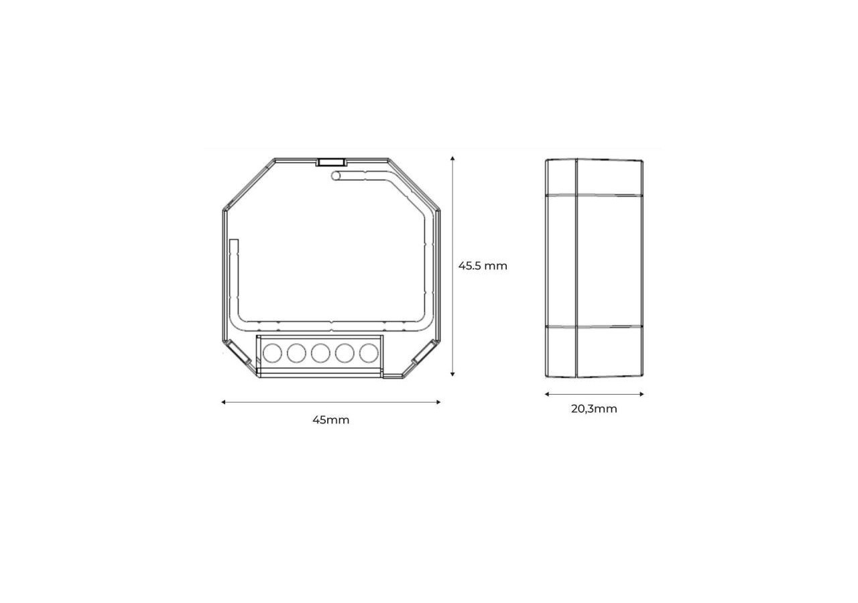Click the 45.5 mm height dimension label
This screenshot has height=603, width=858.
point(483,266)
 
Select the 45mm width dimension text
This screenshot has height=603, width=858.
point(330,420)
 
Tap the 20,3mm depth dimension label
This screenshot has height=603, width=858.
point(594,409)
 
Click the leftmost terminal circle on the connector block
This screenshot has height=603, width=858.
point(271,352)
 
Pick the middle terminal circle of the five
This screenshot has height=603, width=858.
point(320,352)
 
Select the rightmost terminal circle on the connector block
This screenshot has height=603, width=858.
point(369,352)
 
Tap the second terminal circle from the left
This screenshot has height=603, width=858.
point(296,352)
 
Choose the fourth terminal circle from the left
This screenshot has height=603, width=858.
point(345,352)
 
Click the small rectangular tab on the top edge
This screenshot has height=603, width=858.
point(331,161)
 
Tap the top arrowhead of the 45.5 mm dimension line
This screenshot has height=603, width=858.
point(453,159)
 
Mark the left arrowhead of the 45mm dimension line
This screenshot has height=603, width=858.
point(224,402)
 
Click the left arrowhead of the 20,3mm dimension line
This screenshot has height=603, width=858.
point(547,394)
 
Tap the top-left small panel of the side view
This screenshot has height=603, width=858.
point(561,178)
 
